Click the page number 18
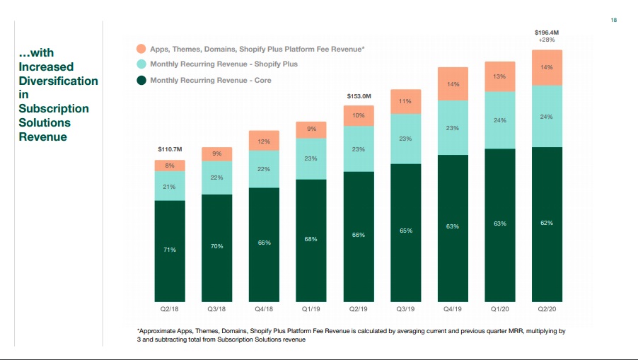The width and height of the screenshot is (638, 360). [613, 20]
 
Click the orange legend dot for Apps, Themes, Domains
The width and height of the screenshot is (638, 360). [141, 49]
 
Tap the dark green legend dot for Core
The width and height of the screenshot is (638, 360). [141, 81]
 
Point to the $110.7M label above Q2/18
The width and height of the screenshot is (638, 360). [170, 149]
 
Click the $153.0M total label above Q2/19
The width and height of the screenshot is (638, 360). [359, 95]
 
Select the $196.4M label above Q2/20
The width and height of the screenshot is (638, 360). [547, 32]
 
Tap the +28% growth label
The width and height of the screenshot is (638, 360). [547, 40]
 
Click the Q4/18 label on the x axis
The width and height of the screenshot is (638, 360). [264, 309]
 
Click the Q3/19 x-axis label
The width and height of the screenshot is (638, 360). [405, 309]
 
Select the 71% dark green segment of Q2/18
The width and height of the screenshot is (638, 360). [170, 250]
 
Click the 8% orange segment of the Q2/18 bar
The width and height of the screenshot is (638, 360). [170, 166]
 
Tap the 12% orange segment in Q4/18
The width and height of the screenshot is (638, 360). [264, 141]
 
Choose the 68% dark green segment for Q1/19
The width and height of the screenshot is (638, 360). [311, 239]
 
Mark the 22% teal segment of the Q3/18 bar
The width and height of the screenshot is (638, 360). [217, 178]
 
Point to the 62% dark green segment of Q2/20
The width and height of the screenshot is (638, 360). [547, 223]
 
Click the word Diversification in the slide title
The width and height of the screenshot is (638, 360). [58, 81]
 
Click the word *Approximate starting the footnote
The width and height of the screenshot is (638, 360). [156, 331]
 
